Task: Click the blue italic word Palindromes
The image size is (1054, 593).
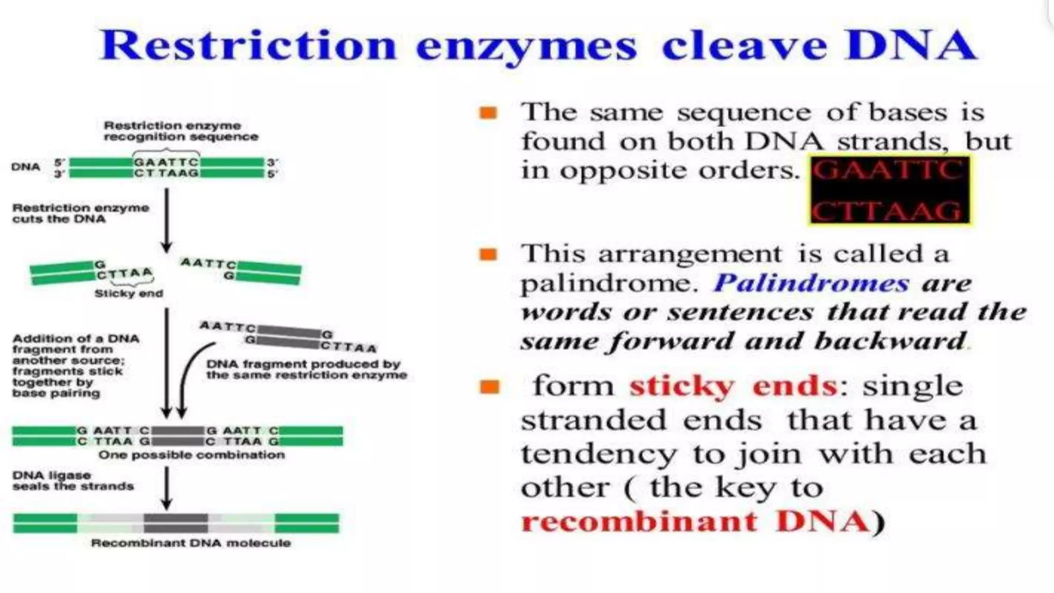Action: [x=811, y=284]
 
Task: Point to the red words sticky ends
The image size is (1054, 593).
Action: [x=733, y=386]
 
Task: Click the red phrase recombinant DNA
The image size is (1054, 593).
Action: [x=695, y=521]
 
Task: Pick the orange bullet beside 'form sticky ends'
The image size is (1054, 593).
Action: [x=489, y=387]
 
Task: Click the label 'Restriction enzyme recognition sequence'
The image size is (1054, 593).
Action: [x=181, y=131]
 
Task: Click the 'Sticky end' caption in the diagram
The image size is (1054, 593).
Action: [x=129, y=294]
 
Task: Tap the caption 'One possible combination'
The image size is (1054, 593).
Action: [x=191, y=455]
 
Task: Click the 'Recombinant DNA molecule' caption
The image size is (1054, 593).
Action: [x=191, y=543]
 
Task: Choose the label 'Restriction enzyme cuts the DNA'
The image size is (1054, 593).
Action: [x=81, y=213]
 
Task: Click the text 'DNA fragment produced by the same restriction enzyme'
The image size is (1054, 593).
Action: [x=306, y=370]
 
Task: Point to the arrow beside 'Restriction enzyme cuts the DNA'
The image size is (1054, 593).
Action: [x=166, y=220]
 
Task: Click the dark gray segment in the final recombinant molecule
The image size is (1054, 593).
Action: [x=176, y=523]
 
